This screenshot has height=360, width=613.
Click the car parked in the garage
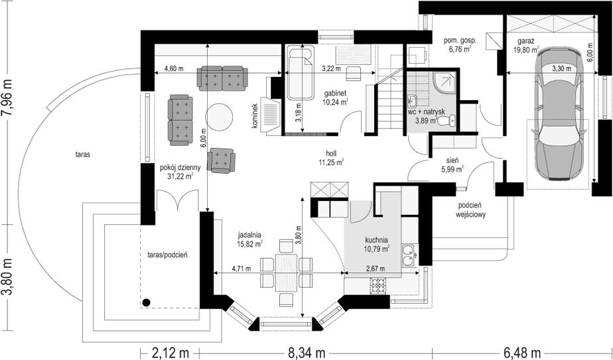[557, 113]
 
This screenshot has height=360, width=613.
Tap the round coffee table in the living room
[220, 117]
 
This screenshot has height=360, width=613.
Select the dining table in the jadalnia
[286, 272]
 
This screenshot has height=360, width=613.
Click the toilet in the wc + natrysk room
[446, 121]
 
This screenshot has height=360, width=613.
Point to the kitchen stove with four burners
[378, 286]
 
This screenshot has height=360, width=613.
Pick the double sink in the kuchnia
[409, 255]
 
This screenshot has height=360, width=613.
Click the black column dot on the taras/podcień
[146, 302]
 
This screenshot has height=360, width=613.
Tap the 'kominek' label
[255, 116]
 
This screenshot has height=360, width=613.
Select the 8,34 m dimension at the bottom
[306, 353]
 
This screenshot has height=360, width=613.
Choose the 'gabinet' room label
[336, 93]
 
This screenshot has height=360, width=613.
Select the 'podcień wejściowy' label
[470, 210]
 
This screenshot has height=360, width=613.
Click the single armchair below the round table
[222, 160]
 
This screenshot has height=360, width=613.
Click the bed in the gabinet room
[301, 73]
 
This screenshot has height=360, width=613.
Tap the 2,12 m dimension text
[170, 353]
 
